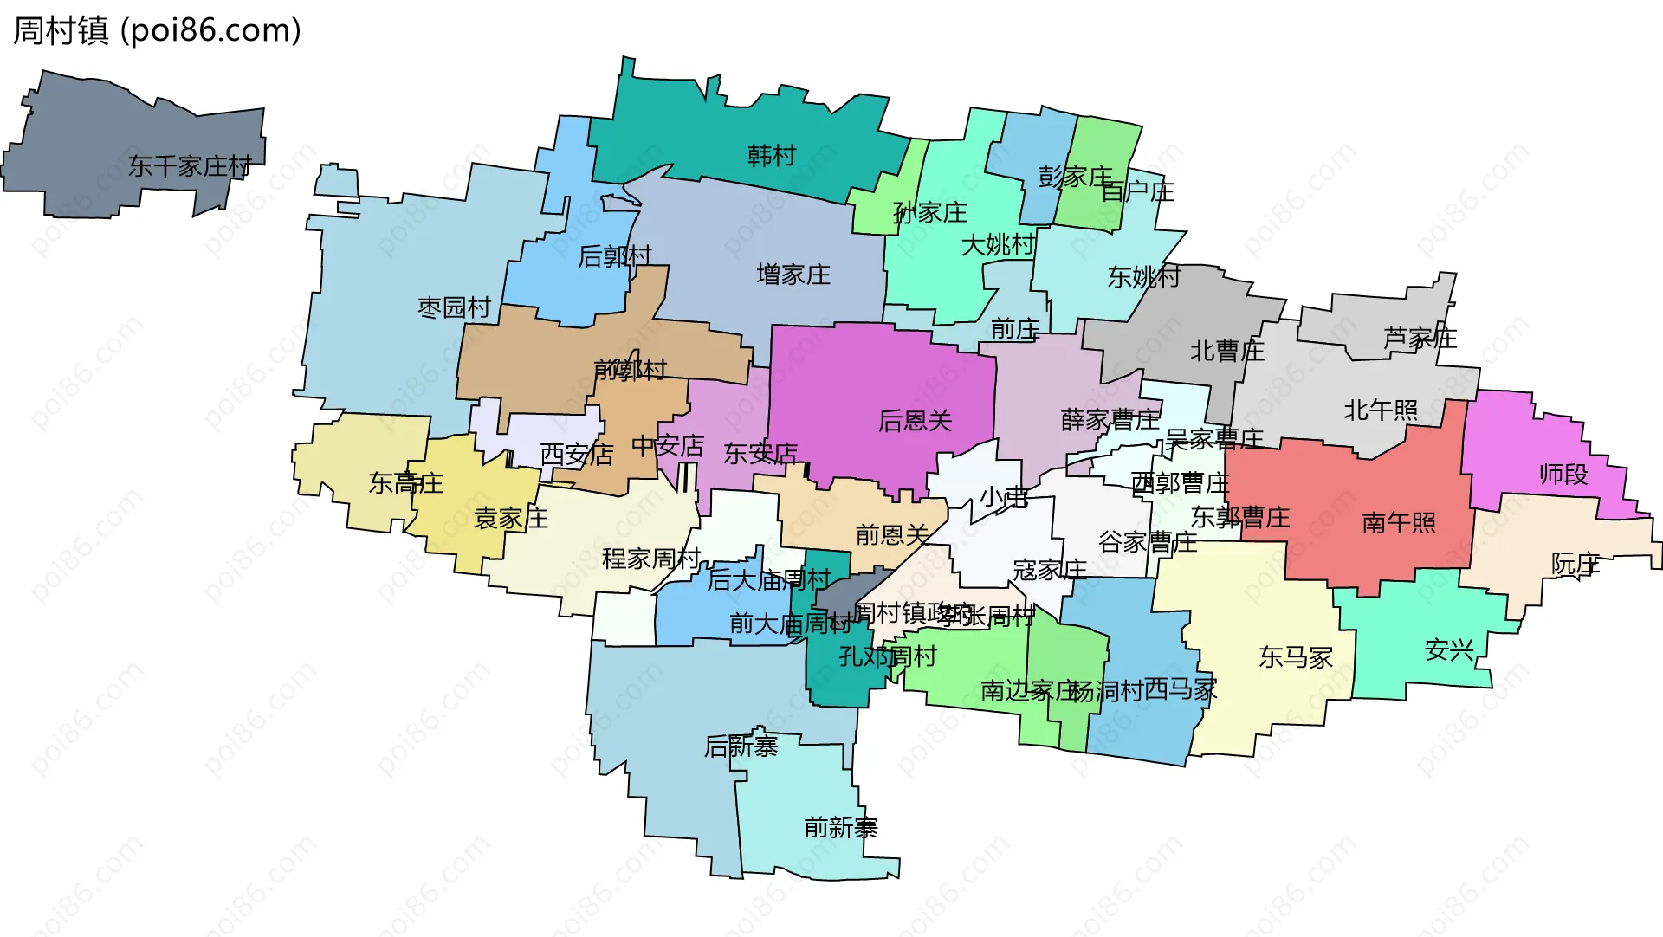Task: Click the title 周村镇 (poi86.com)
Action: [157, 30]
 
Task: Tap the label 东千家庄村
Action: [190, 165]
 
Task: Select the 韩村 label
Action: [772, 156]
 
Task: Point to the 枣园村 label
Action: [454, 307]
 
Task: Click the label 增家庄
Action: [793, 275]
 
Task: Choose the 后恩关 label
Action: [915, 421]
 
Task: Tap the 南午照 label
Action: [1398, 522]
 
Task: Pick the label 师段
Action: [1563, 474]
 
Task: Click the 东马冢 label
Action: [1295, 657]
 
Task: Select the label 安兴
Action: [1448, 649]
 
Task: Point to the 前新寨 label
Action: [840, 828]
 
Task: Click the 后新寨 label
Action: [741, 746]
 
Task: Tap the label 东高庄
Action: [405, 482]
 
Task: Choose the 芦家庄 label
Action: [1420, 338]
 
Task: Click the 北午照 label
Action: [1381, 410]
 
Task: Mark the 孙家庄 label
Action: [929, 212]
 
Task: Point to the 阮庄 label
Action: [1575, 565]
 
